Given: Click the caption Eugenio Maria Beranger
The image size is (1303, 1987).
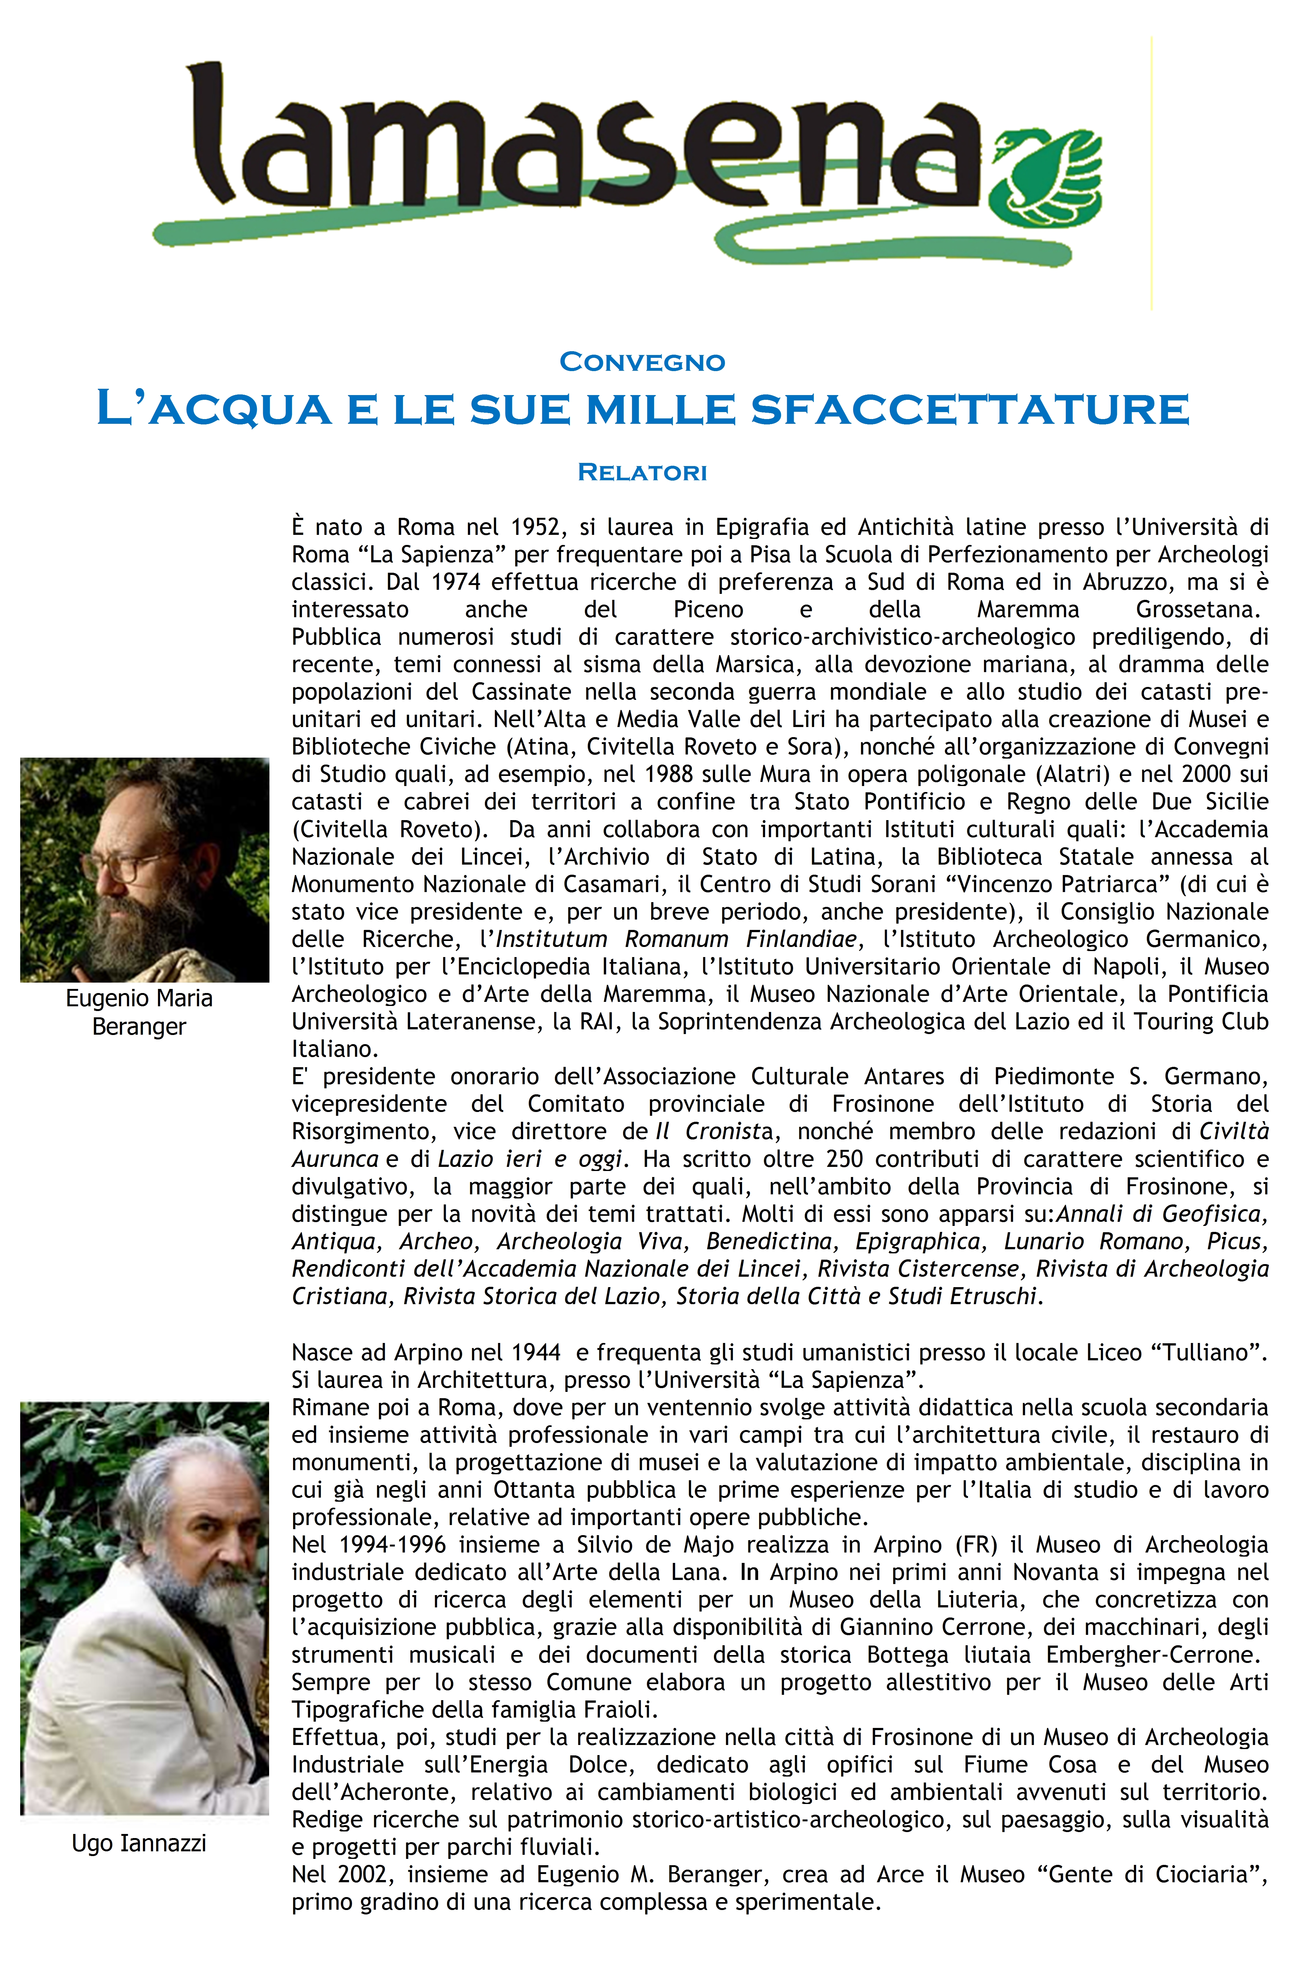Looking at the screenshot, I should point(139,1012).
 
